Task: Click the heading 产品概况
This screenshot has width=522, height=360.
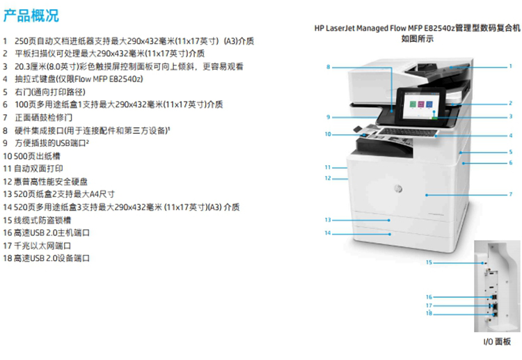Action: tap(31, 15)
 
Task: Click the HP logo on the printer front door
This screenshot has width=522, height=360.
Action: tap(398, 189)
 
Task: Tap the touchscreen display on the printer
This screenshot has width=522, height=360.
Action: tap(420, 106)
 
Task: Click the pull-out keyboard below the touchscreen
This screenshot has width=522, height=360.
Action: tap(408, 132)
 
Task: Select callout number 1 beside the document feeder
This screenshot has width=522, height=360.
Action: tap(510, 66)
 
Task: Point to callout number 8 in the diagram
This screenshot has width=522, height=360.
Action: tap(329, 67)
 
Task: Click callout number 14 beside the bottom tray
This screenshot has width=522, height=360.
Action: tap(328, 233)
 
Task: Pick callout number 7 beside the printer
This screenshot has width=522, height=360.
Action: tap(511, 194)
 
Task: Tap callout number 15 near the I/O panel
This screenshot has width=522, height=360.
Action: tap(429, 263)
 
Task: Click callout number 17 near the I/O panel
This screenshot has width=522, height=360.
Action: tap(429, 306)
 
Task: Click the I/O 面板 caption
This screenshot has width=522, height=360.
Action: tap(497, 342)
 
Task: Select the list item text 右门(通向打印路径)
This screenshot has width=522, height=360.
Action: tap(50, 92)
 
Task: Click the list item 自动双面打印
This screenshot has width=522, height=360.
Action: tap(38, 169)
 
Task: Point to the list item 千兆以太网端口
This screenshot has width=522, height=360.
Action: tap(42, 246)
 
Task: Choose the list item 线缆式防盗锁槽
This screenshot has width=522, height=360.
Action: tap(42, 220)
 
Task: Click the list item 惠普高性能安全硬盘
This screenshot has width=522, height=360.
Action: tap(51, 182)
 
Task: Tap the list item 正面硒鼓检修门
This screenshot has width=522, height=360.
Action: tap(44, 118)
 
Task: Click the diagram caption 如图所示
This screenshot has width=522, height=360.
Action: tap(417, 38)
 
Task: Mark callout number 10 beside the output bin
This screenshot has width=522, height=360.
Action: tap(328, 134)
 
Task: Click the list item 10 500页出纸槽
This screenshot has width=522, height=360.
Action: tap(31, 156)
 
